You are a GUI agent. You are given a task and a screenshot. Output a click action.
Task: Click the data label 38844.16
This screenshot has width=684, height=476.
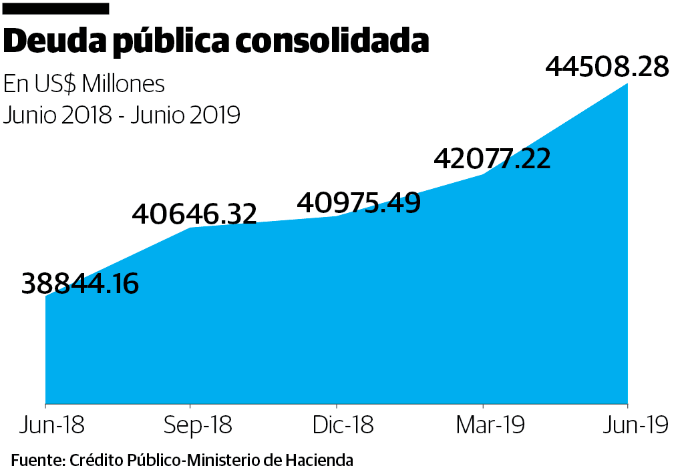80,284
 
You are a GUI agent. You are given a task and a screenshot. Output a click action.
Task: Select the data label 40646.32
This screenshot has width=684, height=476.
194,214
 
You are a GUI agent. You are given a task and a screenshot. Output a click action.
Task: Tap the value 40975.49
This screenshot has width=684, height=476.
359,202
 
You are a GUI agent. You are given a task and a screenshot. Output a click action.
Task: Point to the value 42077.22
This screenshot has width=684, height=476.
492,159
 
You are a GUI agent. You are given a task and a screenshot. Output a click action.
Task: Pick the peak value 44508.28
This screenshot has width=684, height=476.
607,67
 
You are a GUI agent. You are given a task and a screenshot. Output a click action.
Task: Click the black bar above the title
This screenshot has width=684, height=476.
55,9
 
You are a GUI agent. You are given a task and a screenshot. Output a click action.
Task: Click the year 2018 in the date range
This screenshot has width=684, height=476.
89,115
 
